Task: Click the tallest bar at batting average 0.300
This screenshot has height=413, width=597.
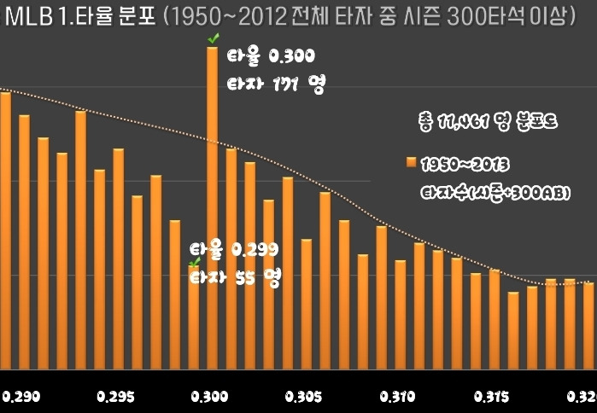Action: [212, 205]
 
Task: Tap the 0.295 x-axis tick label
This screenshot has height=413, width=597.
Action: [115, 398]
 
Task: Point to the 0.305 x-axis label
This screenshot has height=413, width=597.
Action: [303, 398]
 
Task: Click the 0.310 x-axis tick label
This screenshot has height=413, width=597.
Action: [397, 398]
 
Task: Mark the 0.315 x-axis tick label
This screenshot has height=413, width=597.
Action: [491, 398]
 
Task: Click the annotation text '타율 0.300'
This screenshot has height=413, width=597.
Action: [272, 57]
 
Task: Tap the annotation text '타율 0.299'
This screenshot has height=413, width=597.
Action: [234, 250]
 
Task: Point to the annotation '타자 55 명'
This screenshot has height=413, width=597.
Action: [234, 277]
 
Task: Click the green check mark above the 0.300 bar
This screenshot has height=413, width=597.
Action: [213, 38]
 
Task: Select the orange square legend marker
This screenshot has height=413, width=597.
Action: [410, 161]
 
